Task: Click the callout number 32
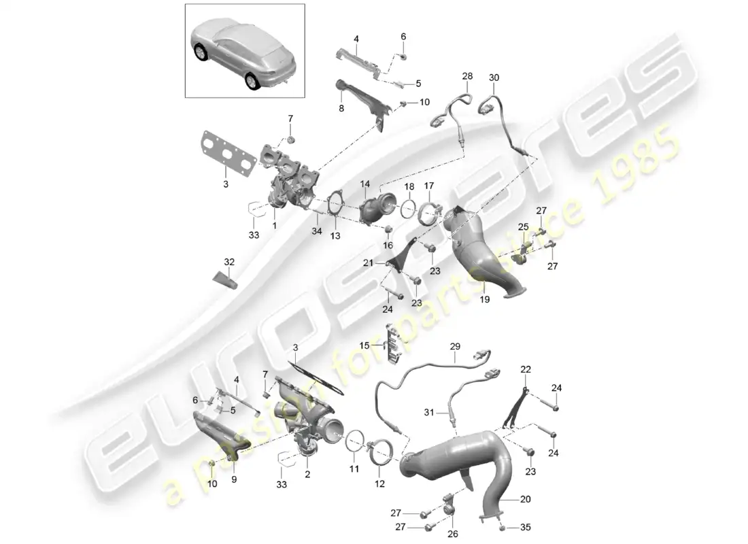(x=229, y=261)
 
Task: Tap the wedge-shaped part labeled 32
(x=226, y=279)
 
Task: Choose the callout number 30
(x=494, y=78)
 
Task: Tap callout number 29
(x=454, y=346)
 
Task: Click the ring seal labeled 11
(x=354, y=442)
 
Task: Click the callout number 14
(x=364, y=184)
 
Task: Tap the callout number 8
(x=341, y=108)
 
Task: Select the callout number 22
(x=525, y=369)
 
